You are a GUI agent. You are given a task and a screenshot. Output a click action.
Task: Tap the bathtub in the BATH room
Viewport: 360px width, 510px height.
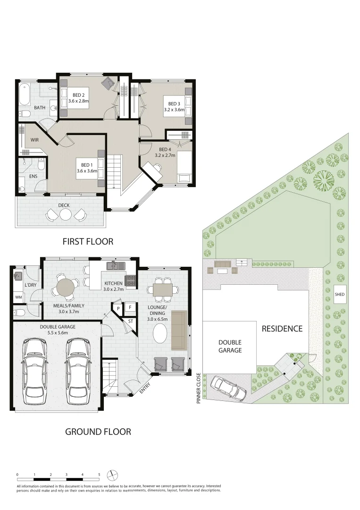(24, 95)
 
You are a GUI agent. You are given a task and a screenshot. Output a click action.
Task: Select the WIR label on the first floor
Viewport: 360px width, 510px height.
(34, 140)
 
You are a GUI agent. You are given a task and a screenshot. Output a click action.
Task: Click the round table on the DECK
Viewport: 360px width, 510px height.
(66, 215)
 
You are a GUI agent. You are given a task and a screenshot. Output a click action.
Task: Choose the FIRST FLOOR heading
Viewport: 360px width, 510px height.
(88, 241)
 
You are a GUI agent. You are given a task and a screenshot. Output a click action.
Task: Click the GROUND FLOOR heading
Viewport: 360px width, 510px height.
(98, 431)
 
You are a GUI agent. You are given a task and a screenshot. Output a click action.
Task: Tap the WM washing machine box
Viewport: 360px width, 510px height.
(19, 297)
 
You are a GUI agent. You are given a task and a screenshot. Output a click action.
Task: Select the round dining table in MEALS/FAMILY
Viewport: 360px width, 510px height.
(66, 287)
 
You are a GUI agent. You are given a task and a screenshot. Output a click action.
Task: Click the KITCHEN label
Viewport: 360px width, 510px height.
(114, 284)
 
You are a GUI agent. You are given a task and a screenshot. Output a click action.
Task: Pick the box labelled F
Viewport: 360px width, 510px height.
(130, 307)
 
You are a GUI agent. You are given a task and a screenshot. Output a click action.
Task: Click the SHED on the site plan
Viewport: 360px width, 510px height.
(340, 295)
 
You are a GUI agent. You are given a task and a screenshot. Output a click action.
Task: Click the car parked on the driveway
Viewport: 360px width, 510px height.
(229, 388)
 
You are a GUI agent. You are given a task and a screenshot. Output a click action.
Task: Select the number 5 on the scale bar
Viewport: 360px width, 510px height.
(99, 474)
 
